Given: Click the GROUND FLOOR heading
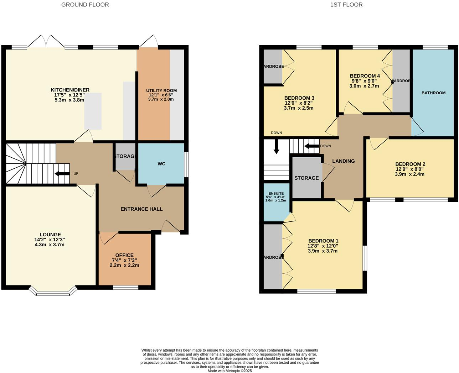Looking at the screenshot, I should coord(85,5).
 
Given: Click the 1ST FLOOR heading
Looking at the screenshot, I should coord(346,5).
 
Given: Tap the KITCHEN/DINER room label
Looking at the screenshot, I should coord(70,90).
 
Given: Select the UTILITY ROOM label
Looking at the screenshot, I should coord(161,90).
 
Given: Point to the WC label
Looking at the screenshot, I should coord(161,164).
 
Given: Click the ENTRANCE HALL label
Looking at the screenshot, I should coord(141,209).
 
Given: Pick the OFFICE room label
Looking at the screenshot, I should coord(124,255).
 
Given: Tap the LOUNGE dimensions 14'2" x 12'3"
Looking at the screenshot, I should coord(50,240).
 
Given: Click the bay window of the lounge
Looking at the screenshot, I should coord(53,291).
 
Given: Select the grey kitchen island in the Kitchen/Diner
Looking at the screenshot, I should coord(93,111).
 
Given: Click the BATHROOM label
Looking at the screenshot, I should coord(433,93).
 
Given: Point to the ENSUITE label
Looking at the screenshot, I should coord(276,193).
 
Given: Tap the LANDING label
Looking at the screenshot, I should coord(343,161).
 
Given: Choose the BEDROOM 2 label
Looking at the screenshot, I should coord(410,164).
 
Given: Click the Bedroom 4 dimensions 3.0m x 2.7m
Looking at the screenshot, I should coord(365,86).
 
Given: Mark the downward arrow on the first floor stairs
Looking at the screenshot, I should coord(276,147).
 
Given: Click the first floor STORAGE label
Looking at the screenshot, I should coord(306,178).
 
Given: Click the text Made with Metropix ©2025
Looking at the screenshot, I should coord(229,371).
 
